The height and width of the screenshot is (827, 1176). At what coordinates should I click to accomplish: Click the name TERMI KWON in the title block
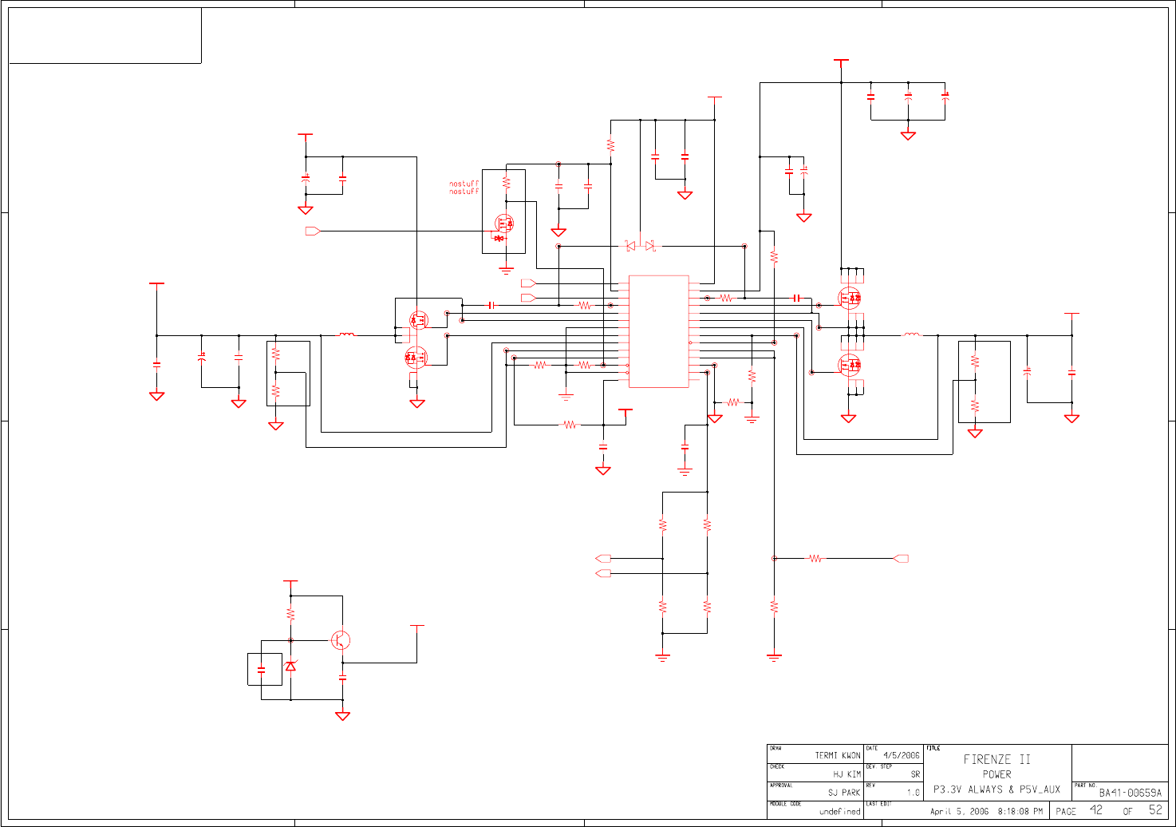point(837,755)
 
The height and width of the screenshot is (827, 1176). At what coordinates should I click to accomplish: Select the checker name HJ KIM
point(846,774)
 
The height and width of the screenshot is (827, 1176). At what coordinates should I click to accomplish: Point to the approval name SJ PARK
point(844,793)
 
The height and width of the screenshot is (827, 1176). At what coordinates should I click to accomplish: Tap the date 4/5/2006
point(901,755)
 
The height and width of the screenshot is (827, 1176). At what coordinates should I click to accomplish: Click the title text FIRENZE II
point(996,759)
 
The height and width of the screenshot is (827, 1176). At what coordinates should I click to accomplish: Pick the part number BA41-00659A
point(1130,793)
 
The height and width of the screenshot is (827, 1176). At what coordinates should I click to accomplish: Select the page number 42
point(1096,810)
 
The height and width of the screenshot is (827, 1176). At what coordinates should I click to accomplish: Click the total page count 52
point(1155,810)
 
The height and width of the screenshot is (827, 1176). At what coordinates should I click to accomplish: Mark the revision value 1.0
point(913,793)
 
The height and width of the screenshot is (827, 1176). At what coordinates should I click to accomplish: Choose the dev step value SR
point(915,774)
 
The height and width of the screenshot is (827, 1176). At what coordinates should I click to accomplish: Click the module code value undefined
point(839,812)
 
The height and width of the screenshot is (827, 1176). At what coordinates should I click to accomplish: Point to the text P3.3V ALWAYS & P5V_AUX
point(996,789)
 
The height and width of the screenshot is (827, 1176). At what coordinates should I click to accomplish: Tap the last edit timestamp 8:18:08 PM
point(1020,812)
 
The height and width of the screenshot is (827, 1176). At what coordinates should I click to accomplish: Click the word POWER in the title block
point(996,774)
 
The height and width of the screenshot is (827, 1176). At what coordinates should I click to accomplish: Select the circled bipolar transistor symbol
point(341,640)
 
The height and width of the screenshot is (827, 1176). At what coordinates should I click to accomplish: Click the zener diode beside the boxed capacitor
point(290,665)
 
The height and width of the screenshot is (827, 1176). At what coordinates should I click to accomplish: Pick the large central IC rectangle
point(658,331)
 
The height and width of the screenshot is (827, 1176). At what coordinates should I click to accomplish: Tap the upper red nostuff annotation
point(464,184)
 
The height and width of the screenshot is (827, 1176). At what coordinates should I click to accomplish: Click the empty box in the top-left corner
point(105,35)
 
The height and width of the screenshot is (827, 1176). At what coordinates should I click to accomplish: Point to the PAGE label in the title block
point(1066,812)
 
